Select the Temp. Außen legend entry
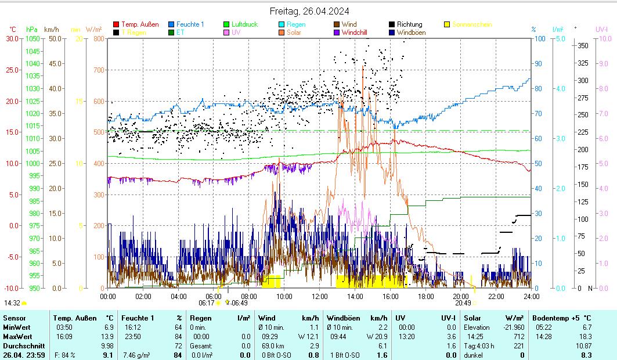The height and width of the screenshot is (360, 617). click(140, 24)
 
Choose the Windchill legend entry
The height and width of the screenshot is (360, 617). click(358, 33)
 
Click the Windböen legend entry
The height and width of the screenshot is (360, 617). click(411, 33)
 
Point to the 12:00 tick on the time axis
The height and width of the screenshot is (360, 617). click(320, 296)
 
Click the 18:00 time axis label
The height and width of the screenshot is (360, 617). click(425, 296)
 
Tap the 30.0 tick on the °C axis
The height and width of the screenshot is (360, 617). click(12, 39)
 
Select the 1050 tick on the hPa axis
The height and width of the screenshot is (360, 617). click(33, 39)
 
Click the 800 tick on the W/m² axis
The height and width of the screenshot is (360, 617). click(98, 39)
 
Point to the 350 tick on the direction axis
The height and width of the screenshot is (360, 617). click(583, 45)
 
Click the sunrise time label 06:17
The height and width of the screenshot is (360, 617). click(206, 303)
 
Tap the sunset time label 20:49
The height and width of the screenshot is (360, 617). click(463, 303)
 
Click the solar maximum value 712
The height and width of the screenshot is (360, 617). click(519, 336)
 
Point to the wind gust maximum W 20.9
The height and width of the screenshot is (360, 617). click(377, 336)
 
